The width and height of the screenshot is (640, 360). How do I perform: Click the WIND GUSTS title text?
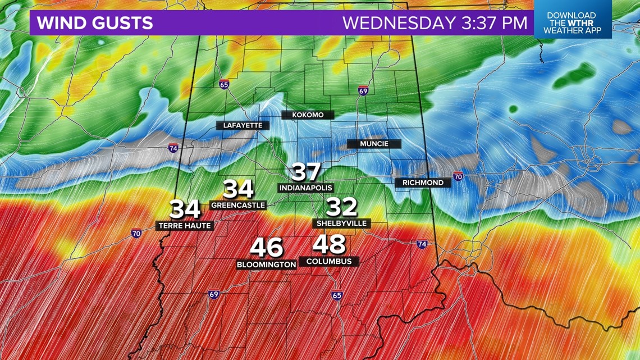(x=95, y=23)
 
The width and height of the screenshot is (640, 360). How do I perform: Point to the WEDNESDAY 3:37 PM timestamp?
(x=435, y=23)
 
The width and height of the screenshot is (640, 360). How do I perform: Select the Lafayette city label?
(x=243, y=125)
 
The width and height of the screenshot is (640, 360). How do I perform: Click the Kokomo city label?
(x=308, y=115)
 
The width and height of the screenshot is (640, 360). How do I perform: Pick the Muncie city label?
(x=374, y=144)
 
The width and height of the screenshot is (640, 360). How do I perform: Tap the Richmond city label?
(x=423, y=183)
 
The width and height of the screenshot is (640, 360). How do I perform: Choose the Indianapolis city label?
(x=306, y=188)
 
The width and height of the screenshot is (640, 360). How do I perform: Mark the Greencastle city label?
(x=237, y=205)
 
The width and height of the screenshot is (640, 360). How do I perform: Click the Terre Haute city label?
(x=184, y=226)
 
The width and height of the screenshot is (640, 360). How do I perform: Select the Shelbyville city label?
(x=341, y=223)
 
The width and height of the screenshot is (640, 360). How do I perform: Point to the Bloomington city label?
(x=266, y=264)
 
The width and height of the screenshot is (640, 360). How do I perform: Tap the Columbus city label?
(x=329, y=261)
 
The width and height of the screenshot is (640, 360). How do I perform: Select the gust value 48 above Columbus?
(x=329, y=245)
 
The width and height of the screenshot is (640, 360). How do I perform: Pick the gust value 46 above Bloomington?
(x=267, y=248)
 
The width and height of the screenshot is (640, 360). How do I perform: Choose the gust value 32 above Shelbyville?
(x=341, y=207)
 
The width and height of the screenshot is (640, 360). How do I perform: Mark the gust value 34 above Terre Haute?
(x=185, y=209)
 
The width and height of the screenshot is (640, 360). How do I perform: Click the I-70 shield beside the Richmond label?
(x=458, y=176)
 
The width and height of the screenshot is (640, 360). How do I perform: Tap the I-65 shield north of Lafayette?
(x=224, y=85)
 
